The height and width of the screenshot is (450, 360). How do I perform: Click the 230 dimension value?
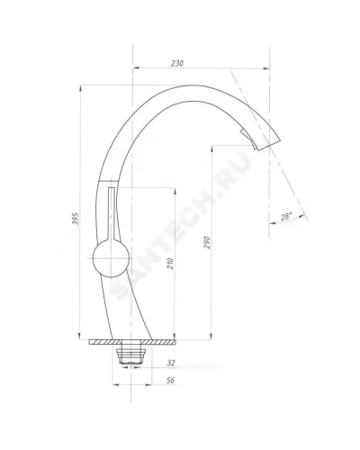pyautogui.click(x=177, y=63)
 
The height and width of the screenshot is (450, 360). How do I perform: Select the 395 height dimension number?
pyautogui.click(x=76, y=219)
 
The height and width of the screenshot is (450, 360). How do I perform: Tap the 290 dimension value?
pyautogui.click(x=207, y=242)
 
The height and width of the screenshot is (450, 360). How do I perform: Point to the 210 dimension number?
pyautogui.click(x=170, y=264)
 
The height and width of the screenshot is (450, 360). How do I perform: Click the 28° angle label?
pyautogui.click(x=286, y=216)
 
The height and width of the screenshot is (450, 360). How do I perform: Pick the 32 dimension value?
pyautogui.click(x=171, y=363)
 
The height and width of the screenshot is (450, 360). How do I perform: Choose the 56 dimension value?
pyautogui.click(x=170, y=381)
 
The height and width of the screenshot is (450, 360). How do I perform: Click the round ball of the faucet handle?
pyautogui.click(x=111, y=258)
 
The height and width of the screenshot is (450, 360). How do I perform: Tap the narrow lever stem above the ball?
pyautogui.click(x=112, y=213)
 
